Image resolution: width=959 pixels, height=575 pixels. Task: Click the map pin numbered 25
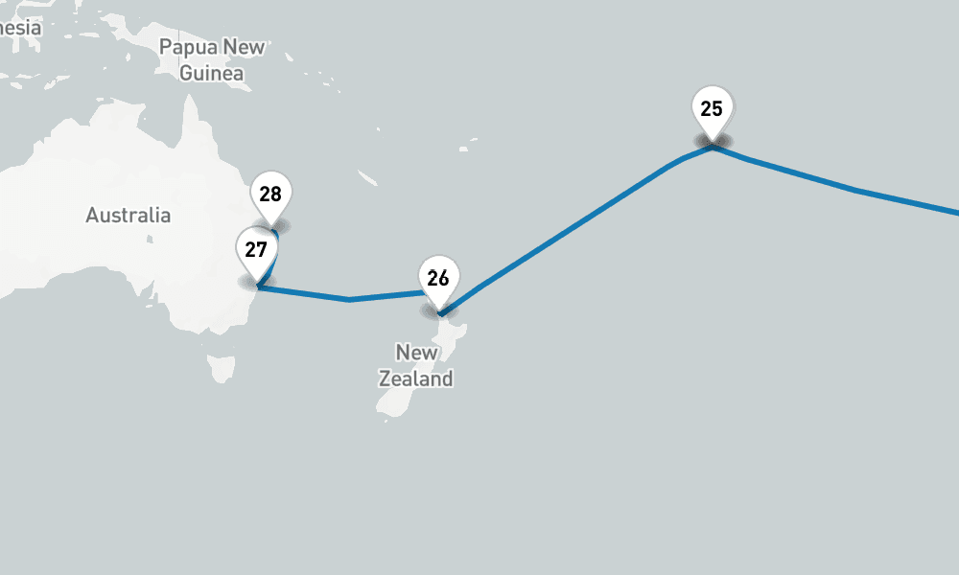pos(712,108)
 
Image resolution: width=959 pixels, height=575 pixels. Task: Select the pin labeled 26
pos(438,278)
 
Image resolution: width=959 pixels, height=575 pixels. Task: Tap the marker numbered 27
pos(255,250)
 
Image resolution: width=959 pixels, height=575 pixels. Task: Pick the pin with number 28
pos(270,195)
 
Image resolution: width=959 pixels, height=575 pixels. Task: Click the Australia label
pos(129,215)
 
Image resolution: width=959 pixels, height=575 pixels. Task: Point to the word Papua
pos(187,46)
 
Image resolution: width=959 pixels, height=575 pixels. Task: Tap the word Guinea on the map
pos(211,73)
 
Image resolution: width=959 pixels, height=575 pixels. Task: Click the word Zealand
pos(415,379)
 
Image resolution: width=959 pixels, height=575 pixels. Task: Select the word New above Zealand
pos(416,353)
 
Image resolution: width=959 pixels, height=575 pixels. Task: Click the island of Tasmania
pos(222,367)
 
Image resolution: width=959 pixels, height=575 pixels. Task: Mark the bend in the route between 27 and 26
pos(349,300)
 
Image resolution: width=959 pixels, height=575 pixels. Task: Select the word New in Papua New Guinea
pos(244,46)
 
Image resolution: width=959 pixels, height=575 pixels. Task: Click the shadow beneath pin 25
pos(712,143)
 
